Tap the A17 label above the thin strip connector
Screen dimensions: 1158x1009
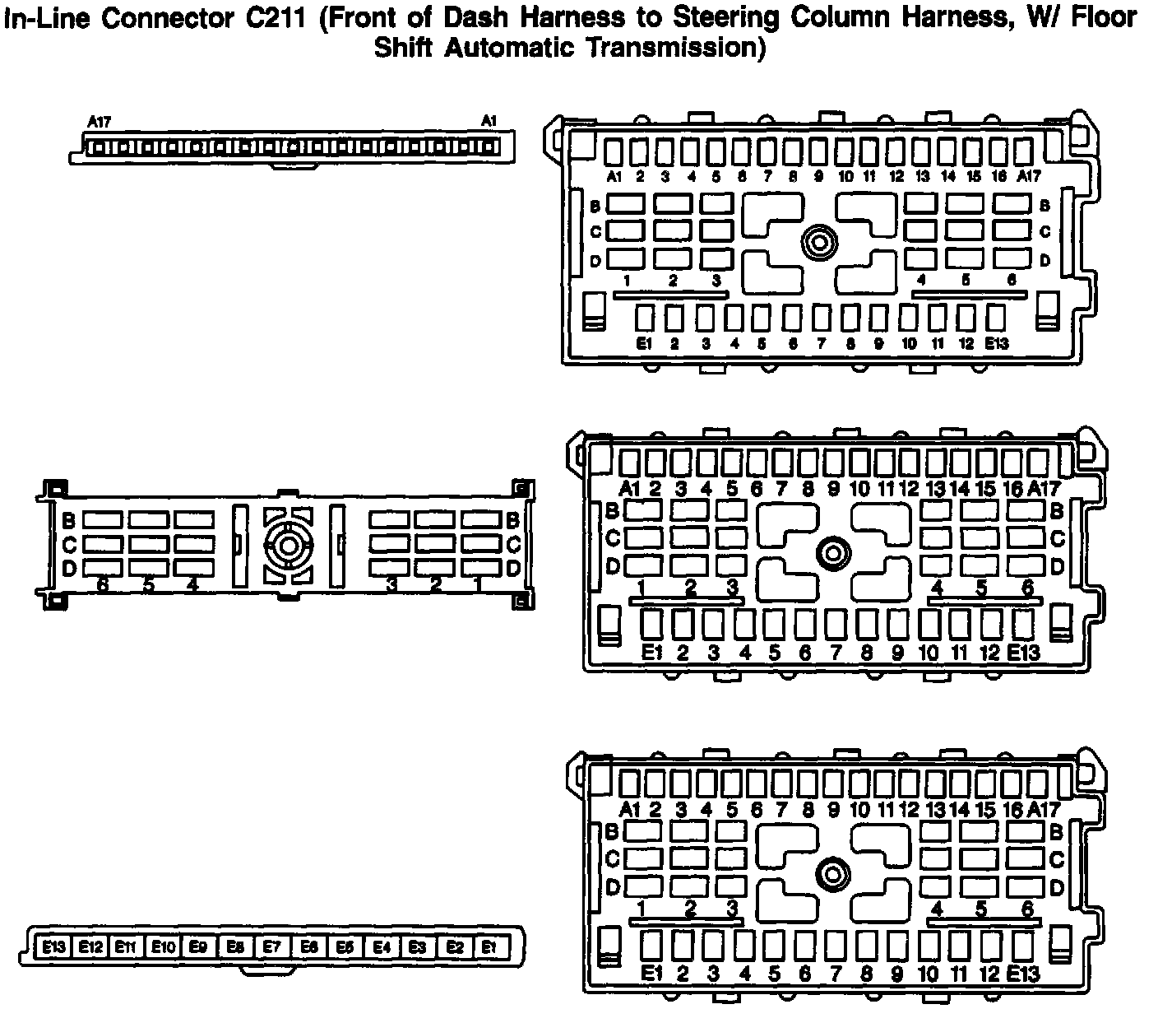(100, 123)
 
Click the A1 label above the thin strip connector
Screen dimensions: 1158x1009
(489, 122)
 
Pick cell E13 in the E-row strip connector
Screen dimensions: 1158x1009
(54, 947)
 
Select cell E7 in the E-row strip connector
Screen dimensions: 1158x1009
(271, 947)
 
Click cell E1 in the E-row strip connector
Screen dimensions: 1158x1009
(489, 947)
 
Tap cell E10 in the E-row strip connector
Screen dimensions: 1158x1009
(163, 947)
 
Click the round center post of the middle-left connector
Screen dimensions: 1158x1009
(289, 545)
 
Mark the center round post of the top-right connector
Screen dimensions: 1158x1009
(819, 243)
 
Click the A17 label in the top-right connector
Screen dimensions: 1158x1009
(1028, 176)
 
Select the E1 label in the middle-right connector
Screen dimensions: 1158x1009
(651, 653)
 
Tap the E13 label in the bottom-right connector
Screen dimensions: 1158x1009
(1022, 974)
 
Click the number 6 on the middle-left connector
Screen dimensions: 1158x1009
(103, 585)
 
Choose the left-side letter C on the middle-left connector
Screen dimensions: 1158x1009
(69, 544)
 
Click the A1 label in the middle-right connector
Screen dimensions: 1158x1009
(629, 488)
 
